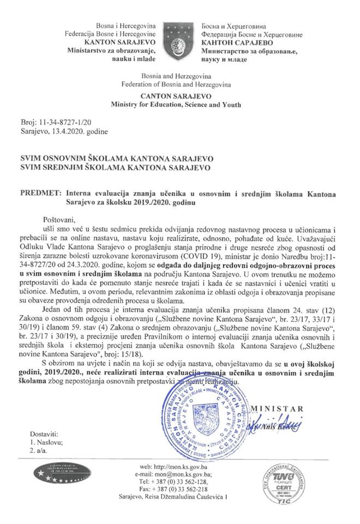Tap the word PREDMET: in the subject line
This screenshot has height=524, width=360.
39,193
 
